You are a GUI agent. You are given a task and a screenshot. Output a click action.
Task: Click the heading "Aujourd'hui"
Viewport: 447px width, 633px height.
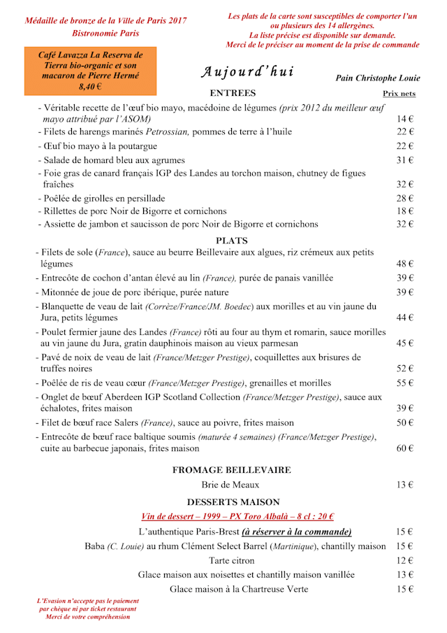click(x=247, y=72)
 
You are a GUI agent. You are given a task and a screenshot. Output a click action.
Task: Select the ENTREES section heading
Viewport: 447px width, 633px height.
click(x=233, y=93)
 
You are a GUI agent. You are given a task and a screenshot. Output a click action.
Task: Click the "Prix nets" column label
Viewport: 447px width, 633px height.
click(x=399, y=93)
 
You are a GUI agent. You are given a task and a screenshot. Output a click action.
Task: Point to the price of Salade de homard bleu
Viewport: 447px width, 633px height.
click(x=406, y=160)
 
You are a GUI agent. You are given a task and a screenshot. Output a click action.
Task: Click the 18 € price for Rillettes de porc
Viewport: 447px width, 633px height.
click(x=406, y=211)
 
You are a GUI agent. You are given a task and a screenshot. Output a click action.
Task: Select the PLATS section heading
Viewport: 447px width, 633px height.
click(x=232, y=241)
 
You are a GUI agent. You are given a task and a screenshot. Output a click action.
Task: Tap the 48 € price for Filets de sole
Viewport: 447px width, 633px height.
click(x=406, y=264)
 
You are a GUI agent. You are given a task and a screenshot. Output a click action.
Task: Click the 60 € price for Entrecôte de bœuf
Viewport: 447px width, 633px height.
click(x=406, y=448)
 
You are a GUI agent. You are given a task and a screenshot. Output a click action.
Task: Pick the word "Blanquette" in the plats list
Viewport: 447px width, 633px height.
click(x=65, y=306)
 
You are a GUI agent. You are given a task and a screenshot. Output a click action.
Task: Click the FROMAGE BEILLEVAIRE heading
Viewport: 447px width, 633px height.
click(x=232, y=470)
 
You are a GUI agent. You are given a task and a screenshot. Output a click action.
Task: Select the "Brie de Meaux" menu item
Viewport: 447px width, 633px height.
click(x=230, y=485)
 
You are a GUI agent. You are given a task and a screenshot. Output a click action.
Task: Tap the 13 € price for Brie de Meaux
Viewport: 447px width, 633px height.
click(x=406, y=485)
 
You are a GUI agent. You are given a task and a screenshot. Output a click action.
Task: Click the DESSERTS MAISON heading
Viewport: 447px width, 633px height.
click(x=233, y=502)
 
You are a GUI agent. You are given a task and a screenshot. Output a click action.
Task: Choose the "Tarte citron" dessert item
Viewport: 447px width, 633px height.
click(x=231, y=560)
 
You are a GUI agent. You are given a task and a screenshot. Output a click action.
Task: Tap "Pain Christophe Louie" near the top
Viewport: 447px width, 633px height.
click(x=378, y=78)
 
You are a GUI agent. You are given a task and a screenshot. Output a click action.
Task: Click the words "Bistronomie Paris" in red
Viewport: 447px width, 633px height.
click(x=105, y=33)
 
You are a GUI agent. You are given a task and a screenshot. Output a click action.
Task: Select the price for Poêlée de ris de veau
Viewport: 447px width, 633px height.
click(x=406, y=383)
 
